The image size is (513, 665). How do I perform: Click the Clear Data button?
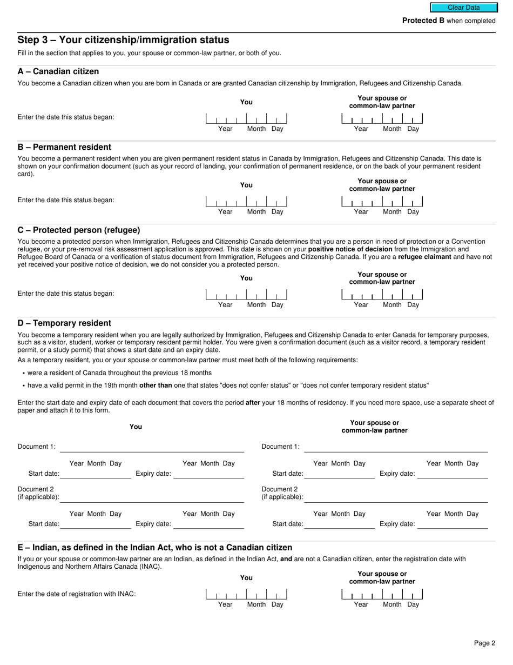click(463, 8)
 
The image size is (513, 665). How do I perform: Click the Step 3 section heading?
click(123, 40)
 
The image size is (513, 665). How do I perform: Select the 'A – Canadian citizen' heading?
click(58, 71)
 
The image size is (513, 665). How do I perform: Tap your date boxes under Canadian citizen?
click(246, 119)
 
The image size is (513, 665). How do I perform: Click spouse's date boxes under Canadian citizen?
click(382, 119)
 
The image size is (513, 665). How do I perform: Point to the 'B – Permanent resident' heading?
click(64, 147)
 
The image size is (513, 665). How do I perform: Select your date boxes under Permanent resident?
click(246, 202)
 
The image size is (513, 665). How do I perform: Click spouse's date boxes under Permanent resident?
click(382, 202)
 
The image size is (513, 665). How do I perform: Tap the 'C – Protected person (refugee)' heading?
click(79, 230)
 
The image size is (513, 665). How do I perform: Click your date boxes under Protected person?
click(246, 295)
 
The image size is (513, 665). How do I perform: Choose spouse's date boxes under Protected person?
click(382, 295)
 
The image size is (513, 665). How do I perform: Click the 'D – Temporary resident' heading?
click(64, 323)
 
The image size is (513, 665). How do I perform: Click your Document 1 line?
click(152, 447)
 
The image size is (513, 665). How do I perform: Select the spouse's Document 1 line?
click(396, 447)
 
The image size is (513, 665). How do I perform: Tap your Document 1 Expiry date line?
click(208, 474)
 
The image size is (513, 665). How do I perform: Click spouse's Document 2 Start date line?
click(339, 524)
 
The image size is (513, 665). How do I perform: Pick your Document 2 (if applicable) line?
click(152, 497)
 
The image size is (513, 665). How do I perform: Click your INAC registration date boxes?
click(246, 595)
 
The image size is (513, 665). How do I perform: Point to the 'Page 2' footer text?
click(484, 643)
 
